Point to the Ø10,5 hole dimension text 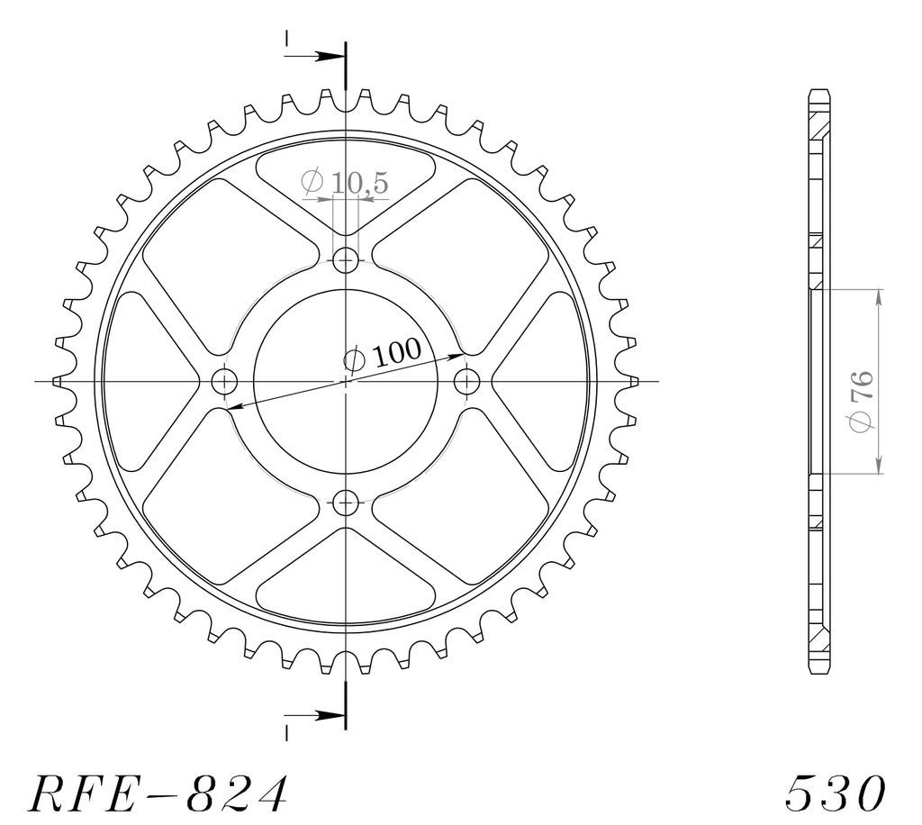(345, 182)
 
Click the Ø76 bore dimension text (861, 401)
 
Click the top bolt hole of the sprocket (346, 260)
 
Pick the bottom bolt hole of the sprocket (346, 503)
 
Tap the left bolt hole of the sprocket (224, 382)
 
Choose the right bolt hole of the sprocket (467, 382)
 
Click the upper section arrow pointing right (314, 57)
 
